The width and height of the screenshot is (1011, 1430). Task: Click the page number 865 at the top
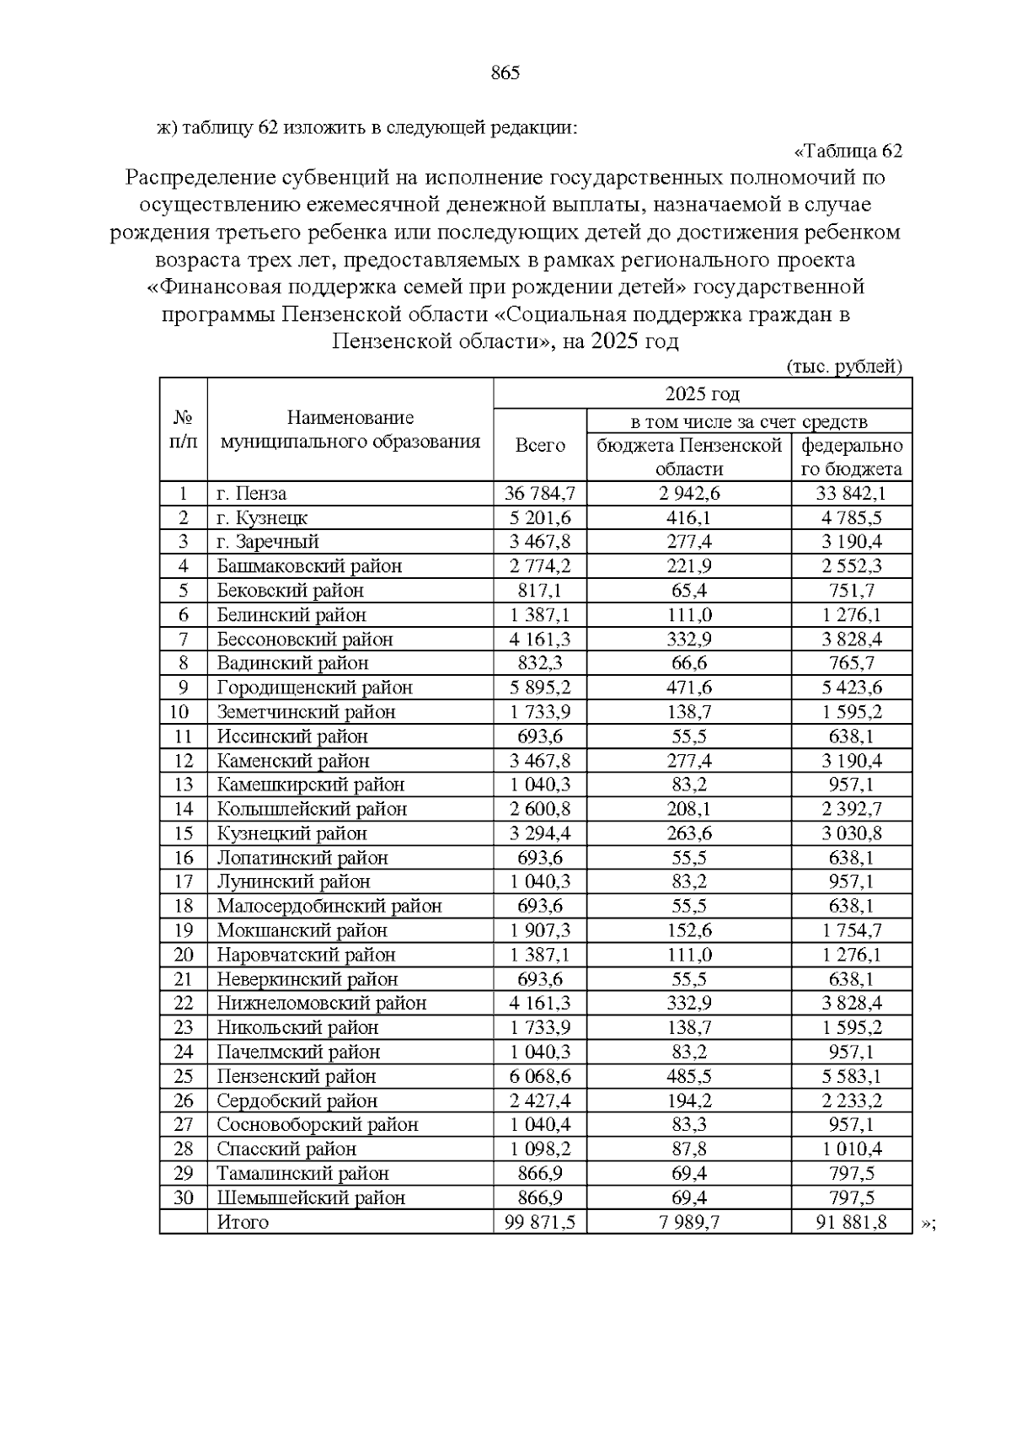pyautogui.click(x=505, y=73)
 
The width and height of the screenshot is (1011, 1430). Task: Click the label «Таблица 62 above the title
pyautogui.click(x=848, y=152)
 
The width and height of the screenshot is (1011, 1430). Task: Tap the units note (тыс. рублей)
pyautogui.click(x=843, y=367)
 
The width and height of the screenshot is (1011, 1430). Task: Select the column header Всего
pyautogui.click(x=540, y=446)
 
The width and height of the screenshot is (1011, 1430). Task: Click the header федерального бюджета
pyautogui.click(x=851, y=458)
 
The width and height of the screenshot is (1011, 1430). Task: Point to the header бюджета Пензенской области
pyautogui.click(x=689, y=458)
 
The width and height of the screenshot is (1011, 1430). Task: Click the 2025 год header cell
pyautogui.click(x=702, y=394)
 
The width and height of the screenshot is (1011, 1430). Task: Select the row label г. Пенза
pyautogui.click(x=251, y=494)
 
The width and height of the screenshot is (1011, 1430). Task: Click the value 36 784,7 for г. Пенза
pyautogui.click(x=540, y=494)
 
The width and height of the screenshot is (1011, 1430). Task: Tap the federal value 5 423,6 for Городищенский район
pyautogui.click(x=852, y=688)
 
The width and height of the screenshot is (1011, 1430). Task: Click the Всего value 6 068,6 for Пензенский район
pyautogui.click(x=540, y=1077)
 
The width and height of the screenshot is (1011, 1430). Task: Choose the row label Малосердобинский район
pyautogui.click(x=329, y=907)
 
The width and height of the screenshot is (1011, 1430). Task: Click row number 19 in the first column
pyautogui.click(x=183, y=931)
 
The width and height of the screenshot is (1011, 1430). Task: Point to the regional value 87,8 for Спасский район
pyautogui.click(x=689, y=1149)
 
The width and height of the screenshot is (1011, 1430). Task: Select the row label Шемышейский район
pyautogui.click(x=311, y=1198)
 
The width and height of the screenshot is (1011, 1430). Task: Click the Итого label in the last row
pyautogui.click(x=243, y=1223)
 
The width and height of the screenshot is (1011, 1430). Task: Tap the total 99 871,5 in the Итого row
pyautogui.click(x=540, y=1223)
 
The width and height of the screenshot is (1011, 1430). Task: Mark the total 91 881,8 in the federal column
pyautogui.click(x=852, y=1223)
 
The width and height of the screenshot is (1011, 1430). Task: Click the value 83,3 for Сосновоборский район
pyautogui.click(x=689, y=1125)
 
